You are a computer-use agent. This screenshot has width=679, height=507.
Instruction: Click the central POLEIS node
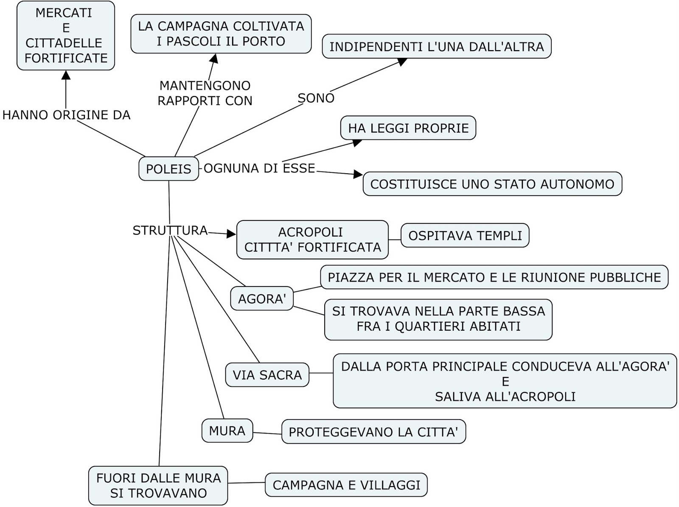coord(168,169)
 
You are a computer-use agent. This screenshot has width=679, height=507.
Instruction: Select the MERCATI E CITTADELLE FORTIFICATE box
coord(66,36)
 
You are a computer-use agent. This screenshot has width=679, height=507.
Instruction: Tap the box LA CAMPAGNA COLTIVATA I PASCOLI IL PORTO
coord(221,34)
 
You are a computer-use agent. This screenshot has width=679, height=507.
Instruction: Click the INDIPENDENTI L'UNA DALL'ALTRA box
coord(436,47)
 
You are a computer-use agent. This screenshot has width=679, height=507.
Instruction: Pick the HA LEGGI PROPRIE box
coord(408,128)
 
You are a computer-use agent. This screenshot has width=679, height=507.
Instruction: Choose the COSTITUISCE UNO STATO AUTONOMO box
coord(492,184)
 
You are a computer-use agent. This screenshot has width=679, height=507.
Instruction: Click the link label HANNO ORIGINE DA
coord(66,115)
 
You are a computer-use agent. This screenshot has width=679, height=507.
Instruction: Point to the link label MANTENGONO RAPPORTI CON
coord(205,93)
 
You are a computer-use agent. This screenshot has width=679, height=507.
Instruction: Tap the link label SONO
coord(316,98)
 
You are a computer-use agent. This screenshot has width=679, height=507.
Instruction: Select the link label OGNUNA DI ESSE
coord(259,169)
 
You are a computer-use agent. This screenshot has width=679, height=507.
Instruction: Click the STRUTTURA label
coord(170,231)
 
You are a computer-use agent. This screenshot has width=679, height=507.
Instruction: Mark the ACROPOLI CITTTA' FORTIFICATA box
coord(312,240)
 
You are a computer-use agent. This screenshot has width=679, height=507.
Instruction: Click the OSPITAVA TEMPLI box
coord(465,236)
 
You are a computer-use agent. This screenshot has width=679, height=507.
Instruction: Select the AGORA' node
coord(261,299)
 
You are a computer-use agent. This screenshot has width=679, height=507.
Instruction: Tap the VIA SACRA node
coord(267,375)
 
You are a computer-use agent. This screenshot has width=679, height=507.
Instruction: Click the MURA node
coord(227,431)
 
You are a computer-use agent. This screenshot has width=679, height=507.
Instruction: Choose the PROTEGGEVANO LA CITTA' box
coord(373,432)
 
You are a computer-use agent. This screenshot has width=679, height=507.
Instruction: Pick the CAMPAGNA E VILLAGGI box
coord(346,485)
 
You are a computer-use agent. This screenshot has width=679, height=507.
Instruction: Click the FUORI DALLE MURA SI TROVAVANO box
coord(158,485)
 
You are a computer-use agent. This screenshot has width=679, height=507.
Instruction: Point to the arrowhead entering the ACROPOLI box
coord(231,234)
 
